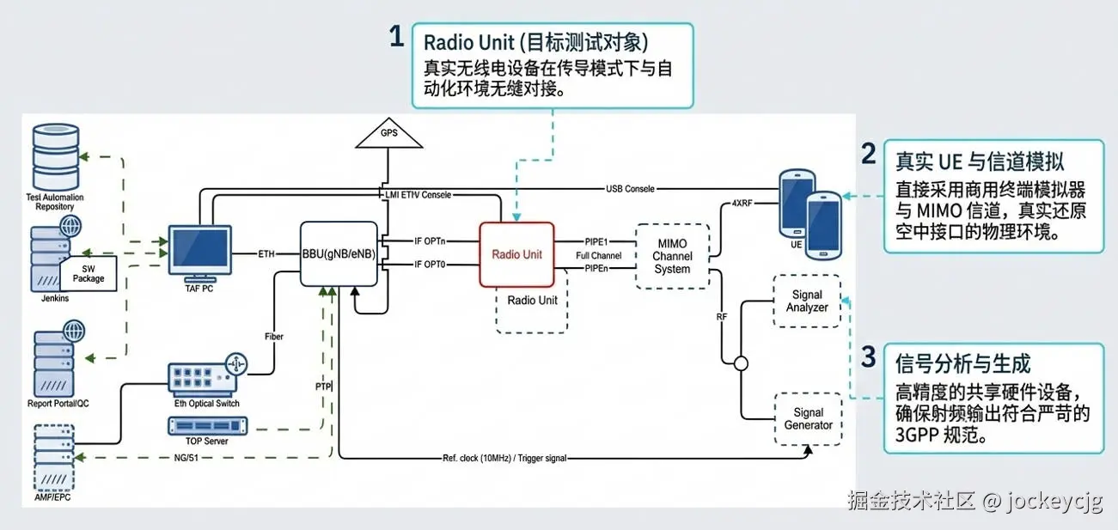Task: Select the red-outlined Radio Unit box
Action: click(x=516, y=254)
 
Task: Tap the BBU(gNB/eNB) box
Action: click(x=338, y=254)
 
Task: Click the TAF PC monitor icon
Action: click(x=199, y=252)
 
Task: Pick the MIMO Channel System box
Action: click(x=672, y=256)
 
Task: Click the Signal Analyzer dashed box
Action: click(x=807, y=301)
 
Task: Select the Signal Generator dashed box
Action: click(x=808, y=418)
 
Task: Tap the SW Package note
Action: click(x=89, y=273)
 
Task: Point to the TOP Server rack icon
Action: click(x=206, y=425)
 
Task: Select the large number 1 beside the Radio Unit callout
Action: click(x=396, y=37)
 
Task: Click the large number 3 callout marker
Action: click(x=869, y=356)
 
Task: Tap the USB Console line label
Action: click(x=630, y=188)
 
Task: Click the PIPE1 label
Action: click(x=597, y=241)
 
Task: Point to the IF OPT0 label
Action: click(x=430, y=265)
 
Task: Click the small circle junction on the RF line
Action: click(x=741, y=362)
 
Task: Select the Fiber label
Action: click(x=274, y=337)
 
